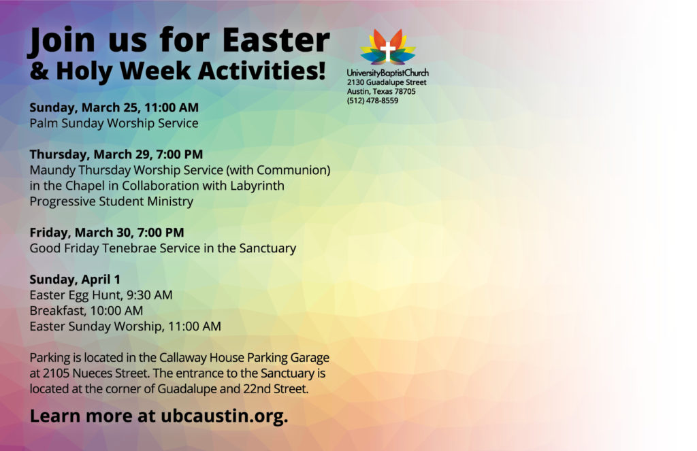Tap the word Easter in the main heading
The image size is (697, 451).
click(x=276, y=40)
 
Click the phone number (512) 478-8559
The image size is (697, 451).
click(x=372, y=101)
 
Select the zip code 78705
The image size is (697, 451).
click(x=405, y=91)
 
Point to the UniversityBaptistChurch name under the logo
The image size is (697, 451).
click(x=387, y=73)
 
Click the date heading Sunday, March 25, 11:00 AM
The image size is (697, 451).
click(x=114, y=107)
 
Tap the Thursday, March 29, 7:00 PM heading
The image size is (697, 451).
click(x=116, y=154)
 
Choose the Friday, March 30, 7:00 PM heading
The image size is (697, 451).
click(x=107, y=233)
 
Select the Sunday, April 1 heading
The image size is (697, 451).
click(x=75, y=280)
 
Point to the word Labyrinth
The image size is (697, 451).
click(x=257, y=186)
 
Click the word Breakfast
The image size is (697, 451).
click(x=56, y=311)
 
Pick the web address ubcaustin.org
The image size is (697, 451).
click(x=225, y=416)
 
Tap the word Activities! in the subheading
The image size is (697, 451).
click(x=262, y=71)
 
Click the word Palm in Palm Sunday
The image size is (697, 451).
click(x=44, y=123)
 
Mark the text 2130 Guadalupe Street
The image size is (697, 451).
click(x=387, y=82)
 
